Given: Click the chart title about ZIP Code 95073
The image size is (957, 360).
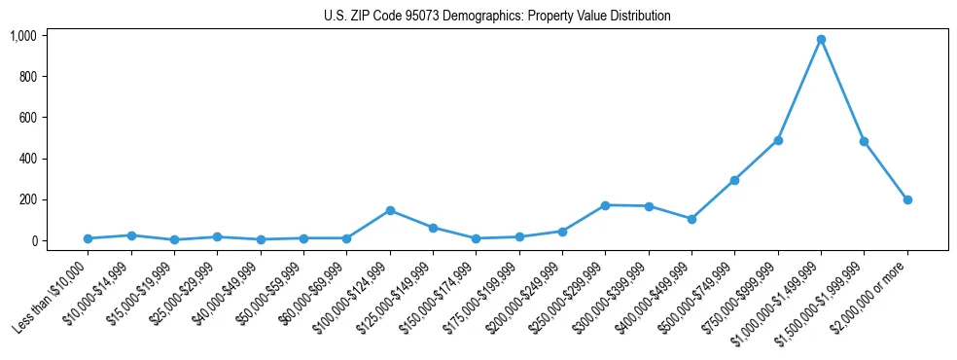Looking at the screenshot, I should coord(497,16).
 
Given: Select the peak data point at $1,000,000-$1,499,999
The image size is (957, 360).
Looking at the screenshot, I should coord(821,39).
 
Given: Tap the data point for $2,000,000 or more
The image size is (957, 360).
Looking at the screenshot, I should coord(907,199).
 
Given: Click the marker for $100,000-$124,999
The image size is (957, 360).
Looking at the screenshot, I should coord(390,210).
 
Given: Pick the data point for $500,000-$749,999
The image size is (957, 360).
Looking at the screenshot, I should coord(734,180).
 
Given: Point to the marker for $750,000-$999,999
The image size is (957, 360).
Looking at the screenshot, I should coord(778,140).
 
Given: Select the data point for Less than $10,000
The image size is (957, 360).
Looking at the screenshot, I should coord(89,238).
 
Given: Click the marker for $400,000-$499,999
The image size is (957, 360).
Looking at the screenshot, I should coord(691,219).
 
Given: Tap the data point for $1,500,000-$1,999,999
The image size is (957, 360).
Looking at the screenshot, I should coord(864,141).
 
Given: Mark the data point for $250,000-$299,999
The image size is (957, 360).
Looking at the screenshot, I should coord(605,205).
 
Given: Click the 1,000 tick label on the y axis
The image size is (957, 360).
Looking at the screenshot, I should coord(22,36).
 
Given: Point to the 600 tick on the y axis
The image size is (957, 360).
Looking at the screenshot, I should coord(28,118).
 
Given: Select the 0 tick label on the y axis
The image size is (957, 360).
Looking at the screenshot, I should coord(34,240).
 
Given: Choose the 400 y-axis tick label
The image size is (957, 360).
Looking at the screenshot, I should coord(28,159).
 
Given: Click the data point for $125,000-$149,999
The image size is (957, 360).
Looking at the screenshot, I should coord(433,228).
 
